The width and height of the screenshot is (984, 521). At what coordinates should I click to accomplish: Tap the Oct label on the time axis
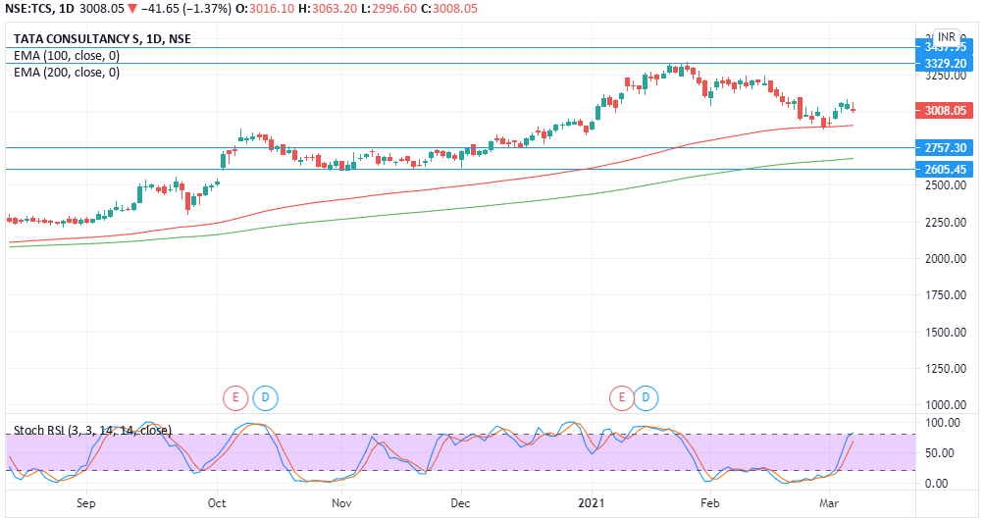(x=218, y=502)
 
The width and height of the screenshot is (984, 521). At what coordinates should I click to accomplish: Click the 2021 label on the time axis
(x=591, y=502)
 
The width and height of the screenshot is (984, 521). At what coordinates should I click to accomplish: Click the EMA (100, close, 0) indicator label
(x=67, y=56)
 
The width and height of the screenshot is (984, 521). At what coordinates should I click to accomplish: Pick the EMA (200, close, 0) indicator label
(x=67, y=72)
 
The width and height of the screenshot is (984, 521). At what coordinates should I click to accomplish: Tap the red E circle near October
(x=234, y=397)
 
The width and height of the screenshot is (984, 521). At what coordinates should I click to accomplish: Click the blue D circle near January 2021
(x=646, y=397)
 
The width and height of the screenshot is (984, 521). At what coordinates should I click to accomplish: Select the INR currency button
(x=946, y=36)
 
